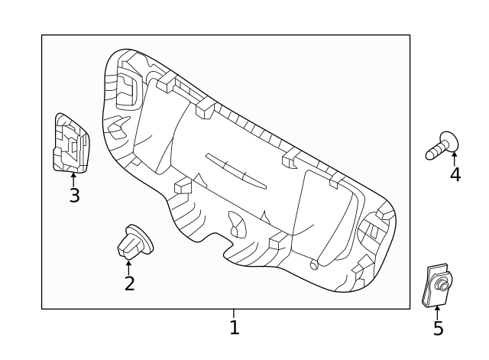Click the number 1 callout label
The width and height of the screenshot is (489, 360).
pos(235,328)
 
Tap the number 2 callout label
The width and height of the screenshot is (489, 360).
pos(129,284)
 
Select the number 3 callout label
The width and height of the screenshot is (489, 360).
pos(74,196)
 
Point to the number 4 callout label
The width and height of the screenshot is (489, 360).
pos(455,175)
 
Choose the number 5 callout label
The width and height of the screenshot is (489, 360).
pos(438,329)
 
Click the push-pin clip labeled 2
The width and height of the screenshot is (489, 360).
pos(133,242)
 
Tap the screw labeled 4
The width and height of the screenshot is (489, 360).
pos(442,146)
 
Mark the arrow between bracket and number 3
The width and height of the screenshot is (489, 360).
pos(73,180)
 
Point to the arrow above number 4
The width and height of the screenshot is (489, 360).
pos(455,158)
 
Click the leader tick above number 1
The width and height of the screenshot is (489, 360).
pos(234,313)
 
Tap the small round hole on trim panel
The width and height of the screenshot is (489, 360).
pos(313,264)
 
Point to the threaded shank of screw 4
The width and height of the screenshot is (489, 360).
pos(434,151)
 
